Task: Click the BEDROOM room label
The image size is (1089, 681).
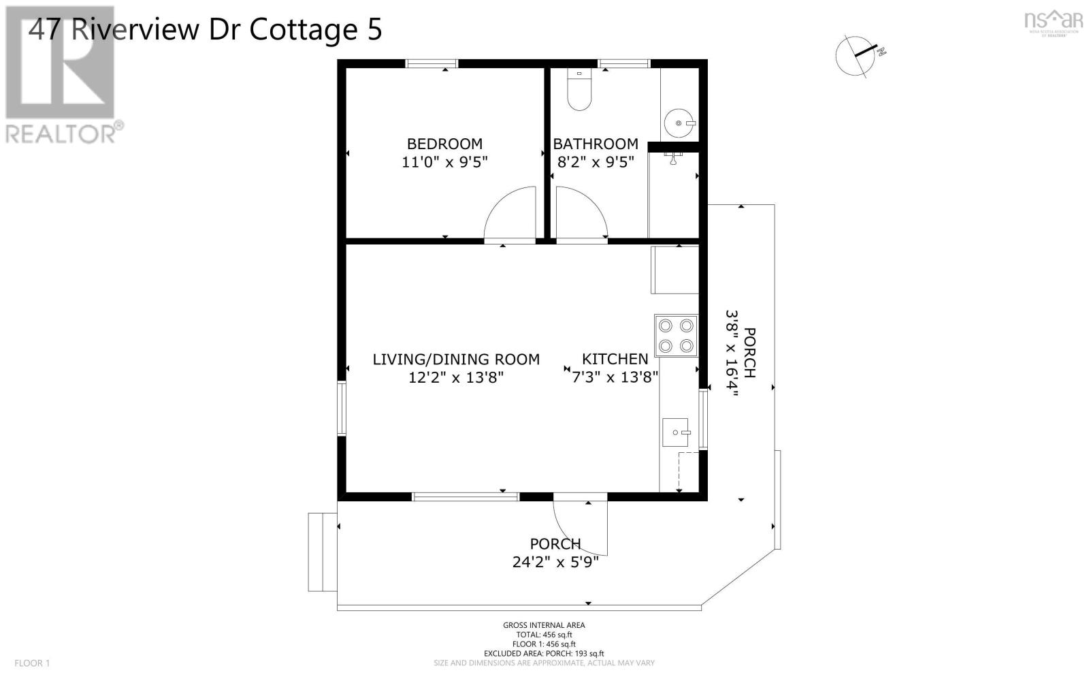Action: pyautogui.click(x=444, y=144)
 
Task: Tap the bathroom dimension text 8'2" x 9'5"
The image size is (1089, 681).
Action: pyautogui.click(x=596, y=162)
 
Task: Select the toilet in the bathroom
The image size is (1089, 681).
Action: pyautogui.click(x=580, y=93)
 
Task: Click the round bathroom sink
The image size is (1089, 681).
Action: pyautogui.click(x=679, y=123)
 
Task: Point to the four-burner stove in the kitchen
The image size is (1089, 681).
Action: pyautogui.click(x=676, y=335)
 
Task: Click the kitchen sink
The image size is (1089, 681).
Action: pyautogui.click(x=676, y=432)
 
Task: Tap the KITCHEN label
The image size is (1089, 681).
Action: pyautogui.click(x=615, y=359)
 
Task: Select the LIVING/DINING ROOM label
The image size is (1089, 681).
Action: pyautogui.click(x=456, y=359)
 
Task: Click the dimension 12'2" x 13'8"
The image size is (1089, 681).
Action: pyautogui.click(x=456, y=377)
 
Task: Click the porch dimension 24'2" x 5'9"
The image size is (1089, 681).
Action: pyautogui.click(x=555, y=563)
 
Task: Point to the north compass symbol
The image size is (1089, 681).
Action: pyautogui.click(x=859, y=55)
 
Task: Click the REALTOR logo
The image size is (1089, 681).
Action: pyautogui.click(x=61, y=75)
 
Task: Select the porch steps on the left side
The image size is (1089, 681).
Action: pyautogui.click(x=323, y=552)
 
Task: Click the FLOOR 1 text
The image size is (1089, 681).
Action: pyautogui.click(x=32, y=663)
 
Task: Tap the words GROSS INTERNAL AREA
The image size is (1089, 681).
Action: pyautogui.click(x=544, y=625)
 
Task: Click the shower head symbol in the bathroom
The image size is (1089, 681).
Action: pyautogui.click(x=674, y=159)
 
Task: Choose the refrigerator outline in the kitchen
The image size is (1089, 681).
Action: pyautogui.click(x=675, y=270)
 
